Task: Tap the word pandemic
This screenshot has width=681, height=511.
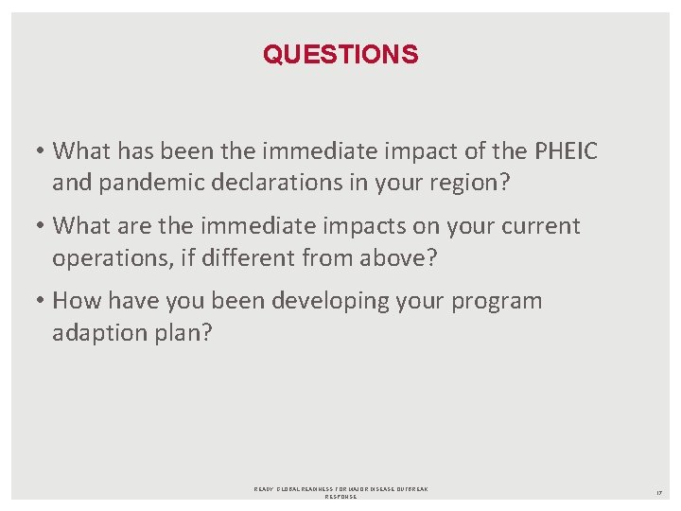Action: pyautogui.click(x=143, y=182)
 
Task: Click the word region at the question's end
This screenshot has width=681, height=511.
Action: pyautogui.click(x=470, y=182)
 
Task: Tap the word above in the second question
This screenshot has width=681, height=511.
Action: pyautogui.click(x=416, y=257)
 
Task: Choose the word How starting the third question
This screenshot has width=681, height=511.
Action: pyautogui.click(x=74, y=301)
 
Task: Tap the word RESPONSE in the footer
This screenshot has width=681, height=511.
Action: pyautogui.click(x=340, y=497)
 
